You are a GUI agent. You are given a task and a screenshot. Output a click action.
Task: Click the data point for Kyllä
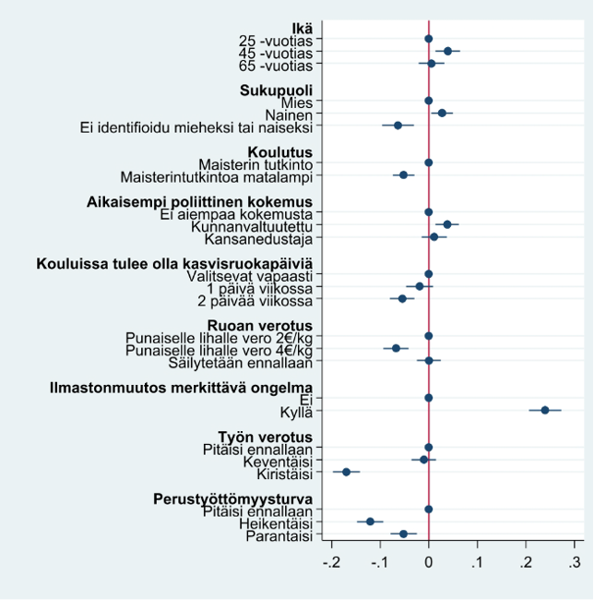pyautogui.click(x=544, y=410)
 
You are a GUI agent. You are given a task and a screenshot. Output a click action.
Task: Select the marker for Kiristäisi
pyautogui.click(x=347, y=472)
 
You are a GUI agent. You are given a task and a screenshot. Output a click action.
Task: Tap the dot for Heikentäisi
pyautogui.click(x=371, y=522)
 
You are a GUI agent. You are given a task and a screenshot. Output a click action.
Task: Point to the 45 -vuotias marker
pyautogui.click(x=448, y=51)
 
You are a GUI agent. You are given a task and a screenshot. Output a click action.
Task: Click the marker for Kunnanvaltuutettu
pyautogui.click(x=447, y=224)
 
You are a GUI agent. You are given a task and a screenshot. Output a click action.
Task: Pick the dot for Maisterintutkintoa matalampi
pyautogui.click(x=403, y=174)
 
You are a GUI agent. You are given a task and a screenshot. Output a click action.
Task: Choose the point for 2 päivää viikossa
pyautogui.click(x=402, y=298)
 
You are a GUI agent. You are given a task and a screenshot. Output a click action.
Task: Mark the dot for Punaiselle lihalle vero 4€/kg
pyautogui.click(x=397, y=348)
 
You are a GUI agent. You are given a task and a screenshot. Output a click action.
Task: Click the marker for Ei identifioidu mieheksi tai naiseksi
pyautogui.click(x=398, y=125)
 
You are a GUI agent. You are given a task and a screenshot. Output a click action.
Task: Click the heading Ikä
pyautogui.click(x=303, y=28)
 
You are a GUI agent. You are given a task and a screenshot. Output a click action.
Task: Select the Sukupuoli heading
pyautogui.click(x=276, y=90)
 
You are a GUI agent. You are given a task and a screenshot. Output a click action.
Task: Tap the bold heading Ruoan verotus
pyautogui.click(x=259, y=326)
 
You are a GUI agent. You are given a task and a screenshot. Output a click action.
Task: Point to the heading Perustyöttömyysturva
pyautogui.click(x=232, y=498)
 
